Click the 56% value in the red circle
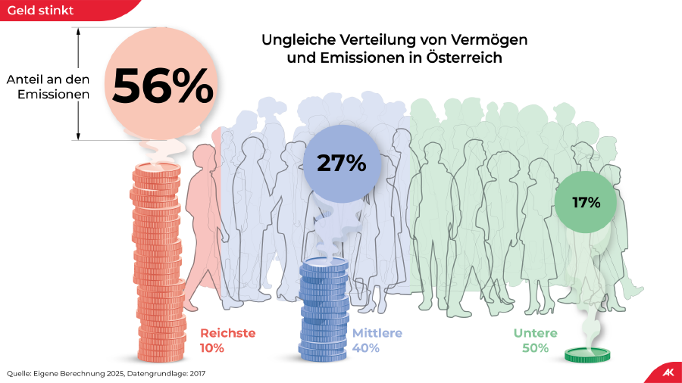click(162, 86)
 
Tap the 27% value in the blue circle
click(341, 163)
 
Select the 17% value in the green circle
click(587, 202)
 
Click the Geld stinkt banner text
click(41, 10)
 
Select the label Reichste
click(227, 333)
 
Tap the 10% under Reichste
click(212, 348)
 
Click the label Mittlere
click(377, 333)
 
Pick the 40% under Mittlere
click(366, 348)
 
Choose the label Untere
click(535, 333)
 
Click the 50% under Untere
click(536, 348)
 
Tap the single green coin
click(587, 353)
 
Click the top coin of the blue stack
click(324, 264)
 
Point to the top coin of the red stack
click(157, 168)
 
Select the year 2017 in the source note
click(196, 373)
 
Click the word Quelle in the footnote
click(20, 373)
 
